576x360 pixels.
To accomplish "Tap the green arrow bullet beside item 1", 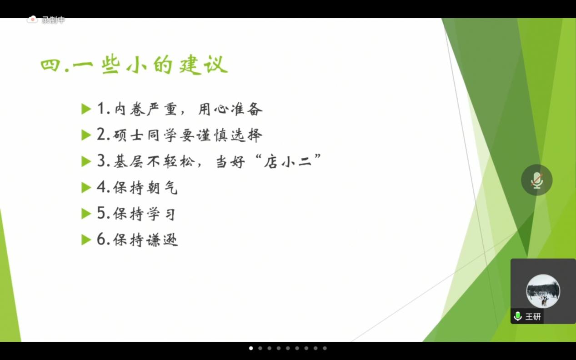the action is [x=86, y=109].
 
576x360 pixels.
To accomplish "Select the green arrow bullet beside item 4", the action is [x=86, y=187].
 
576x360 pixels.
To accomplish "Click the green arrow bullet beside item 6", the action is [x=86, y=240].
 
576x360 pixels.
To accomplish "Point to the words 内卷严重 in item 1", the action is [x=145, y=109].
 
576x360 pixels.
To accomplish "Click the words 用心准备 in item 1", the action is [x=230, y=109].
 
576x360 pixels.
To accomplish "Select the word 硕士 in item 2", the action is [x=128, y=135].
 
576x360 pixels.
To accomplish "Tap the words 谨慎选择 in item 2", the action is [x=230, y=135].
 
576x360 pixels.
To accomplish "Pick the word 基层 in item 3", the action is [x=128, y=161].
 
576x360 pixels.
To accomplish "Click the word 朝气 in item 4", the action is [x=162, y=187].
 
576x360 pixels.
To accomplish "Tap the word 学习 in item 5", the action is [x=161, y=214].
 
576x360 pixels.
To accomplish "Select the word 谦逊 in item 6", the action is [x=162, y=240].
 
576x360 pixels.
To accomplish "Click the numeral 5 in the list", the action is [x=101, y=213].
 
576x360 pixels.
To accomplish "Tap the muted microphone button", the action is [x=536, y=180].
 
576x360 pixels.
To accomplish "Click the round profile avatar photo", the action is [x=543, y=291].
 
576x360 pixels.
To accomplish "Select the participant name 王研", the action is [x=533, y=316].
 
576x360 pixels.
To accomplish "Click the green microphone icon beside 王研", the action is [x=518, y=316].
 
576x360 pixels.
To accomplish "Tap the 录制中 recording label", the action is [x=54, y=20].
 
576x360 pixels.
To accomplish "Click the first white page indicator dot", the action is [x=251, y=348].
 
